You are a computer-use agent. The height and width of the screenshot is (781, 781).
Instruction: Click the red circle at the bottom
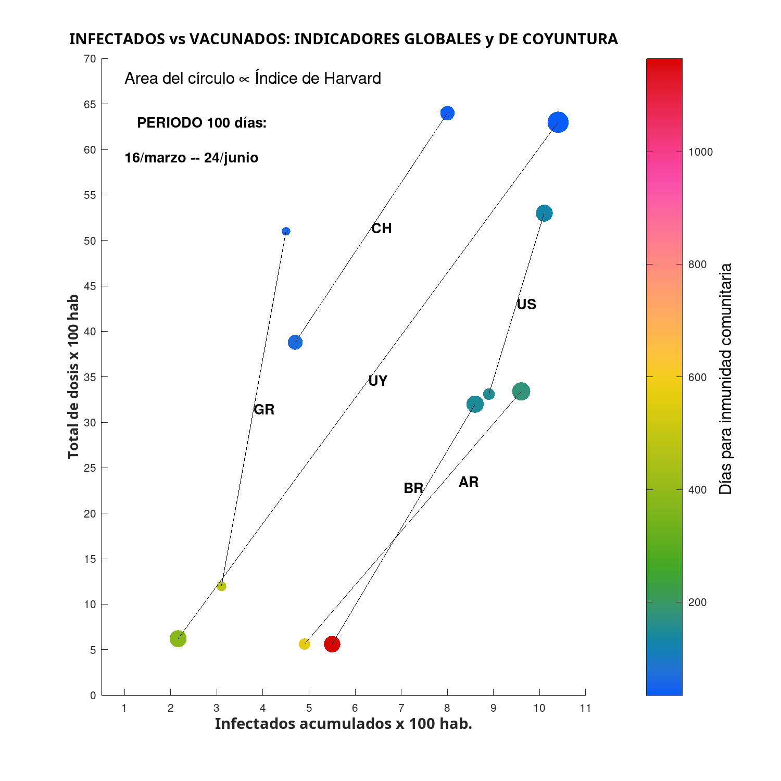tap(332, 645)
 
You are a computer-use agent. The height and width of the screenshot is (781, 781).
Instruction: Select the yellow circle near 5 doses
tap(305, 645)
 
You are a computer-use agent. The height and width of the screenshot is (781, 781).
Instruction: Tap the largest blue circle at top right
tap(558, 123)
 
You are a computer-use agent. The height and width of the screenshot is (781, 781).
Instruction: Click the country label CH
tap(381, 229)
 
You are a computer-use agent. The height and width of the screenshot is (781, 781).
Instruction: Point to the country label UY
tap(377, 381)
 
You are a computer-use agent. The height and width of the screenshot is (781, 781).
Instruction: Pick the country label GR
tap(264, 410)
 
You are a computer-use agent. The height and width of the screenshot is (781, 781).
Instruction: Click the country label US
tap(526, 305)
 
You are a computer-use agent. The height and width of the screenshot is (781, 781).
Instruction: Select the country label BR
tap(413, 488)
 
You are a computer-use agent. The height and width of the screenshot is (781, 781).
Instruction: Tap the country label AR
tap(469, 482)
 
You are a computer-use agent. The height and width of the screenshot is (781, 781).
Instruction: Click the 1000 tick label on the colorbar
tap(700, 152)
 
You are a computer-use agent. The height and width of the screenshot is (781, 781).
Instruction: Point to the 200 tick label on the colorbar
tap(697, 602)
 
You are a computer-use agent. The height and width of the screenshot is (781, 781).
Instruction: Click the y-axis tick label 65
tap(90, 105)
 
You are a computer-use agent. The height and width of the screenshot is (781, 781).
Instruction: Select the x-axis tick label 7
tap(401, 708)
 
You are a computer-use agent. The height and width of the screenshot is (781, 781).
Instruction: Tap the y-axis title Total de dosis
tap(73, 376)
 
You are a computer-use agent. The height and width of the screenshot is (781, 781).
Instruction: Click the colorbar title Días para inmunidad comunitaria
tap(725, 379)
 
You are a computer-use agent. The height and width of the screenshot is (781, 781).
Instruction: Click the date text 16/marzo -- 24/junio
tap(191, 158)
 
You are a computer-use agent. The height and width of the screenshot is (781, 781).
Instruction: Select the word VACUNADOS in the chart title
tap(236, 39)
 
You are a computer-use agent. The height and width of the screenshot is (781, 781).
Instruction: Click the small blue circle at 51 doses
tap(286, 231)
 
